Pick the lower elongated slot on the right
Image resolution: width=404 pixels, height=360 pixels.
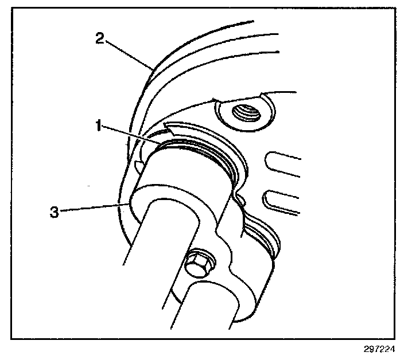click(284, 202)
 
